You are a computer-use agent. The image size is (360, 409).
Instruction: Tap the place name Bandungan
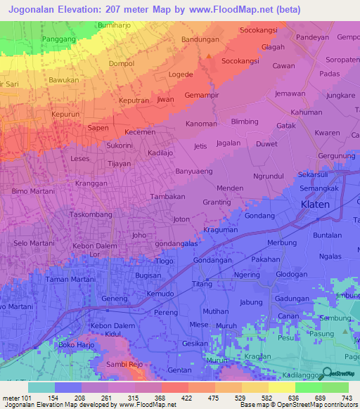coord(200,39)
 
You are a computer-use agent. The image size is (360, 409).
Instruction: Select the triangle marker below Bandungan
coord(209,56)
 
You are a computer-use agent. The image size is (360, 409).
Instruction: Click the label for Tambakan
coord(167,197)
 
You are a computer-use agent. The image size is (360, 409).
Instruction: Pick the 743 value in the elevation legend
coord(346,398)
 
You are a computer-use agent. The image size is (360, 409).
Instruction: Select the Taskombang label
coord(91,214)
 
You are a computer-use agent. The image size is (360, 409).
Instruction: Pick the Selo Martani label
coord(34,243)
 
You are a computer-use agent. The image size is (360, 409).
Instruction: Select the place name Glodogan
coord(292,274)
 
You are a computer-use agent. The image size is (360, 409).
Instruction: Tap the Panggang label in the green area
coord(58,39)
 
